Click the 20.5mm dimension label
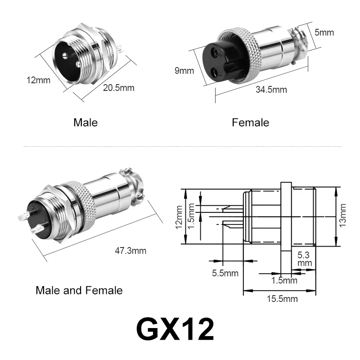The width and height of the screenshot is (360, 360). click(118, 88)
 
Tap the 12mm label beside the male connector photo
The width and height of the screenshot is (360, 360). click(38, 80)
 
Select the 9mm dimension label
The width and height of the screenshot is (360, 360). click(184, 71)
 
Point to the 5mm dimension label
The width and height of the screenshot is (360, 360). click(324, 32)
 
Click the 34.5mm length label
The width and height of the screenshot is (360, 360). click(271, 90)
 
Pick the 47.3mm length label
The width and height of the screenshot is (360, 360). click(130, 251)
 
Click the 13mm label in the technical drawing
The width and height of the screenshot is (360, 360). click(342, 216)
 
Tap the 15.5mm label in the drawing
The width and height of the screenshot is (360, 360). click(282, 299)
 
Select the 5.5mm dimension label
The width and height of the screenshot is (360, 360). click(225, 273)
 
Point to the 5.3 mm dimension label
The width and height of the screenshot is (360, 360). click(305, 259)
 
